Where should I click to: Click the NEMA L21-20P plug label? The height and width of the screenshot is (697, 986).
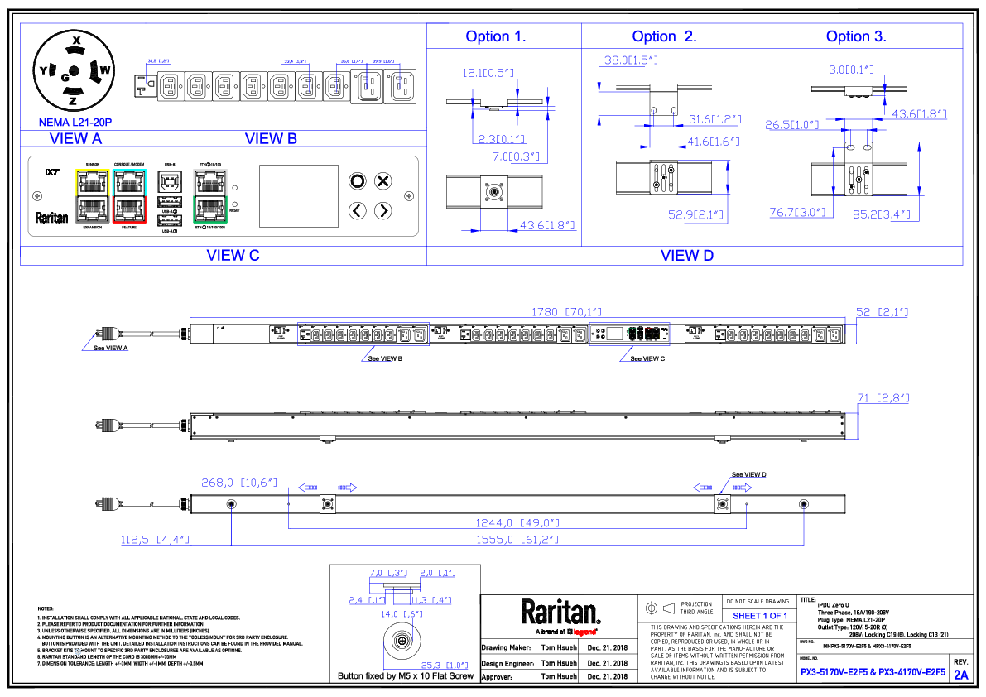tap(75, 122)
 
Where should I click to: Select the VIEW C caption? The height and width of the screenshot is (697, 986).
tap(233, 256)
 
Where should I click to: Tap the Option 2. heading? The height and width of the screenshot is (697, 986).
tap(664, 36)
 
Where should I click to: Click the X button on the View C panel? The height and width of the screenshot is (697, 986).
tap(382, 181)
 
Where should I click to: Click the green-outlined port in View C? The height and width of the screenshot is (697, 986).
tap(209, 209)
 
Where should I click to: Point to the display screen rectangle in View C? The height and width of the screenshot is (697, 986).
tap(299, 195)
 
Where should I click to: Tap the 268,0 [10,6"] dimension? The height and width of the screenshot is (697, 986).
tap(238, 482)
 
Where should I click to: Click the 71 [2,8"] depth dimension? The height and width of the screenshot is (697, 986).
tap(883, 398)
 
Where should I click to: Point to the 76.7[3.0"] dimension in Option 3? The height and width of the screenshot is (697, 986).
tap(797, 213)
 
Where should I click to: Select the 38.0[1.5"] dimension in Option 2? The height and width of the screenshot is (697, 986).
tap(630, 60)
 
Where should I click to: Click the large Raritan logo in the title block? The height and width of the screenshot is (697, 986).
tap(560, 613)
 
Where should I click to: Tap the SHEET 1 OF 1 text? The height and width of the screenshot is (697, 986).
tap(759, 616)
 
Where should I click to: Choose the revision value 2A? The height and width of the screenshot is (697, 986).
tap(961, 675)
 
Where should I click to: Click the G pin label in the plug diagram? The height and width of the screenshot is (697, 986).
tap(65, 76)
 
